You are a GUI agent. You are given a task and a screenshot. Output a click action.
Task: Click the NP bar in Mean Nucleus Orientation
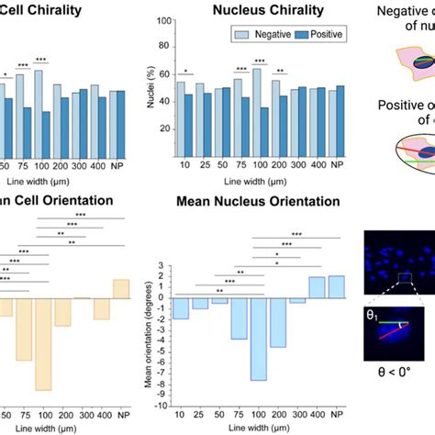(x=335, y=286)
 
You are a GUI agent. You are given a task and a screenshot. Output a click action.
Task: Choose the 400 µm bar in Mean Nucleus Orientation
(x=317, y=287)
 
